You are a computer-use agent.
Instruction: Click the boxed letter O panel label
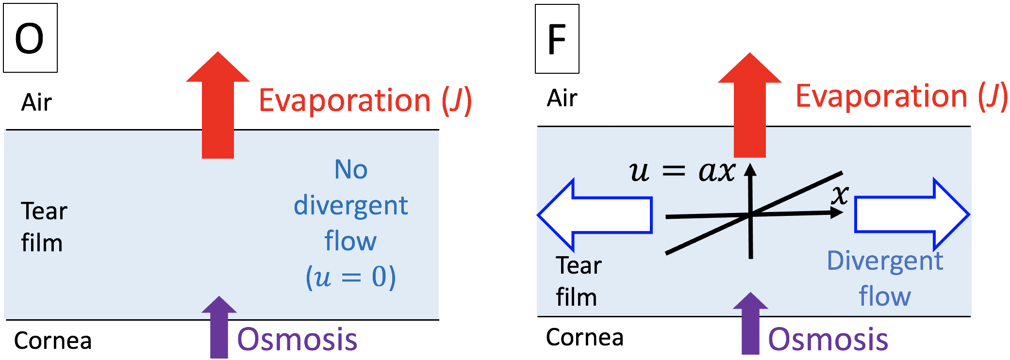pyautogui.click(x=30, y=38)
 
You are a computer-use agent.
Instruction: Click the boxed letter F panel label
pyautogui.click(x=557, y=39)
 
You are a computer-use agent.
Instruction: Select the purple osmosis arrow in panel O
pyautogui.click(x=219, y=330)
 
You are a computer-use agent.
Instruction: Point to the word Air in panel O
pyautogui.click(x=36, y=102)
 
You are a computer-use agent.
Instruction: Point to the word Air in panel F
pyautogui.click(x=562, y=98)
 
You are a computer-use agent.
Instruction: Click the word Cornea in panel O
pyautogui.click(x=53, y=341)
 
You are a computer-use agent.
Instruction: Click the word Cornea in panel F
pyautogui.click(x=584, y=337)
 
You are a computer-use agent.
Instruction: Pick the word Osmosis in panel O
pyautogui.click(x=297, y=339)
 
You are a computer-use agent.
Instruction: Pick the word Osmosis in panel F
pyautogui.click(x=828, y=339)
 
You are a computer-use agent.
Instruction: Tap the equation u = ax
pyautogui.click(x=682, y=172)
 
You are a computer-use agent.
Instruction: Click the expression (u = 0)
pyautogui.click(x=350, y=278)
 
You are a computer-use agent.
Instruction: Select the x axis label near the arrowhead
pyautogui.click(x=840, y=195)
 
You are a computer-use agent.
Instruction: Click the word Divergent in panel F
pyautogui.click(x=885, y=261)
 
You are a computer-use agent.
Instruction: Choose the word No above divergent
pyautogui.click(x=351, y=170)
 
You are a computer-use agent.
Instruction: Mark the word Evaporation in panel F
pyautogui.click(x=881, y=96)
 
